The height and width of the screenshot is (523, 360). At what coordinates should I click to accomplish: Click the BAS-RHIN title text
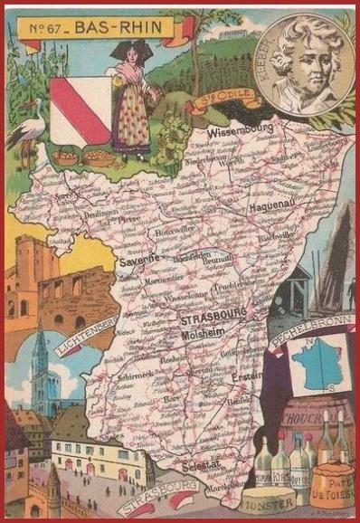click(x=118, y=28)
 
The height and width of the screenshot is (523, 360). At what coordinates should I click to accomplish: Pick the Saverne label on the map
click(x=138, y=259)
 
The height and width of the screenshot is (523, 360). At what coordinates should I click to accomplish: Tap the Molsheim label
click(x=205, y=332)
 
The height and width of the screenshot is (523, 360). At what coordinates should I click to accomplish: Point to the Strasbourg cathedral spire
click(x=40, y=353)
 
